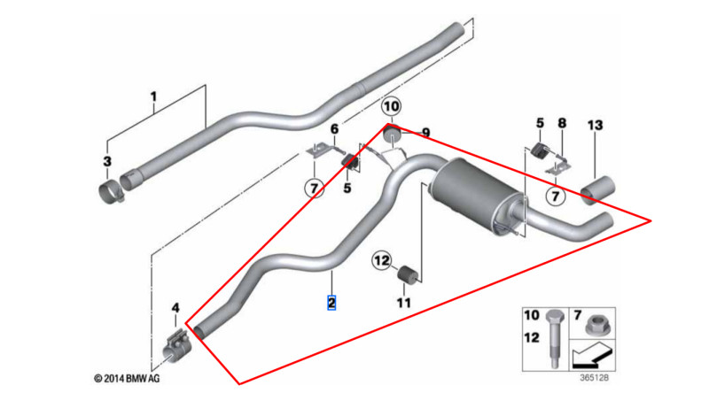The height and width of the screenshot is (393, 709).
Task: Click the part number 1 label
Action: (x=152, y=96)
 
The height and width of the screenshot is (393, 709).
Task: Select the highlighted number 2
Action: (x=331, y=303)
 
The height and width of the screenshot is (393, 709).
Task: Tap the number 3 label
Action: (x=107, y=161)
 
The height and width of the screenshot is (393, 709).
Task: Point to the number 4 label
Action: (x=175, y=308)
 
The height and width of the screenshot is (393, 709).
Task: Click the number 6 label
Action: (x=334, y=130)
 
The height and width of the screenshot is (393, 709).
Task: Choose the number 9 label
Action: (x=425, y=133)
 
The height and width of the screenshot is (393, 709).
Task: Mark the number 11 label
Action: (x=404, y=303)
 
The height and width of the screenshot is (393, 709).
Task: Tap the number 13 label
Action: (x=594, y=126)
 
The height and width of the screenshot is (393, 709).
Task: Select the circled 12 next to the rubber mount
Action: (x=381, y=261)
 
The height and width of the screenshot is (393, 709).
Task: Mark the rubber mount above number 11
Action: (x=406, y=274)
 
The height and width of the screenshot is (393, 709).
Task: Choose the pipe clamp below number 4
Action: (x=177, y=346)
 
